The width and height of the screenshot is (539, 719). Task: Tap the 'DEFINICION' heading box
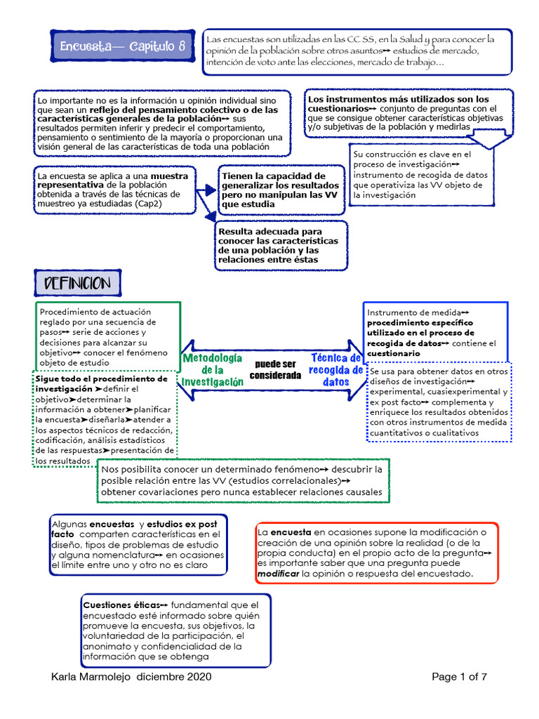click(77, 284)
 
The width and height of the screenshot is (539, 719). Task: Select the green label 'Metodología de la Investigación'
click(213, 369)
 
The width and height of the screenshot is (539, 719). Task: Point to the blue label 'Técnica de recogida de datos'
click(336, 369)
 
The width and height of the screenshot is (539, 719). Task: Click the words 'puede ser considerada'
click(275, 369)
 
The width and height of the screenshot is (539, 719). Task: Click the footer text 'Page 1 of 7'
click(459, 677)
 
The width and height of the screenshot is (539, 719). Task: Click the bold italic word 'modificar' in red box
click(278, 574)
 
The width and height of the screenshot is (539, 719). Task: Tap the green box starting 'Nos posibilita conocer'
click(242, 480)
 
